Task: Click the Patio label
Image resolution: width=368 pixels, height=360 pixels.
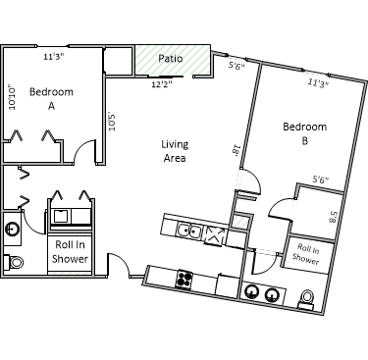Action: (x=170, y=59)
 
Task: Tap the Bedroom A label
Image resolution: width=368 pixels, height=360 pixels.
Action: (x=51, y=98)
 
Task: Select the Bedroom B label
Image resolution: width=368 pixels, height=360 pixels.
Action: (x=305, y=133)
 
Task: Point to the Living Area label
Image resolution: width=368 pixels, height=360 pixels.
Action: (x=175, y=151)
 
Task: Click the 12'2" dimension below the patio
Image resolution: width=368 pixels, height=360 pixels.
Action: (x=162, y=84)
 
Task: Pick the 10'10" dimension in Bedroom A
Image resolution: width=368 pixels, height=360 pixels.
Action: (x=12, y=97)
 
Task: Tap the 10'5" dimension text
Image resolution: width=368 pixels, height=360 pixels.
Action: (x=112, y=122)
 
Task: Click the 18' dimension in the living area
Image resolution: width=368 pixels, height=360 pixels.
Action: (x=237, y=150)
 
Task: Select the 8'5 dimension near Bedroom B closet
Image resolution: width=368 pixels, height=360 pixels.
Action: (x=333, y=216)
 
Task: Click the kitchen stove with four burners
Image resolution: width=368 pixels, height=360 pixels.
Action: (x=184, y=280)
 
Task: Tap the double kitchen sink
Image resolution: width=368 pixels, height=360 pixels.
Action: (x=189, y=231)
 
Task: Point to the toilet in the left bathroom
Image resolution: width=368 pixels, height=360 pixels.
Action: (x=14, y=262)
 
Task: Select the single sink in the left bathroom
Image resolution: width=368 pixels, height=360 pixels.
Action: (x=13, y=229)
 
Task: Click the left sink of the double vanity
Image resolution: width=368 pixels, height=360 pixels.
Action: (x=251, y=292)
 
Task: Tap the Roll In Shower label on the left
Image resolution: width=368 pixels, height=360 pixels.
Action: (x=70, y=251)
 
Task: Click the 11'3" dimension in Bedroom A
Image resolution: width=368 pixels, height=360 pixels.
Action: (x=54, y=57)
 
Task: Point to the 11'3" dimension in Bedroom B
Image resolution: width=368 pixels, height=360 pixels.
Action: (x=318, y=83)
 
